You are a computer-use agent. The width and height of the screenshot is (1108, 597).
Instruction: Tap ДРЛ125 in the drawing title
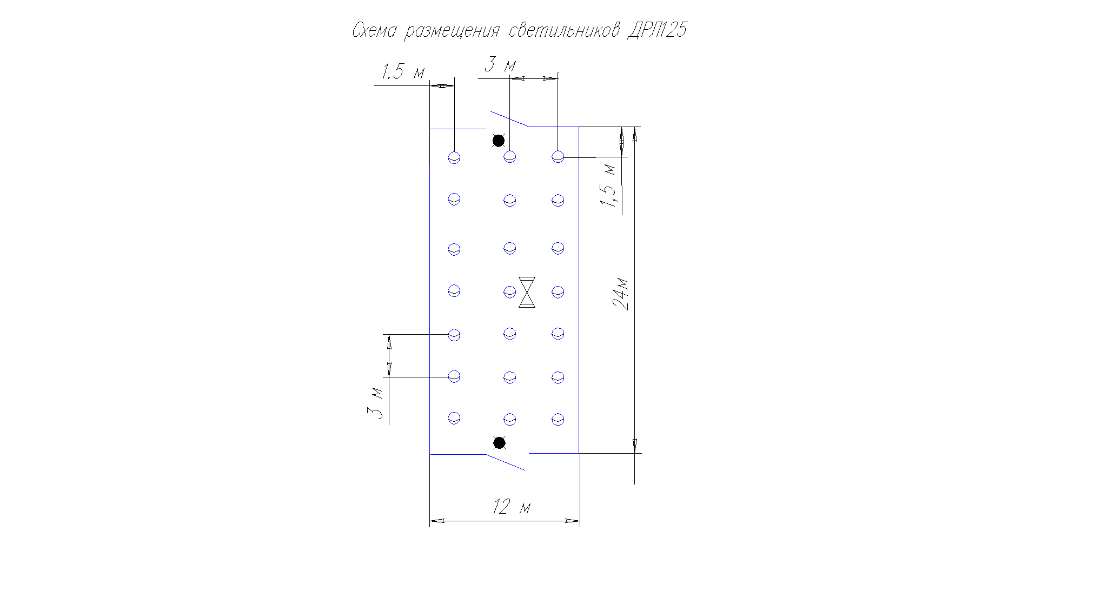656,30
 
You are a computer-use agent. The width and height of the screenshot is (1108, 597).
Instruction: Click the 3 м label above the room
500,64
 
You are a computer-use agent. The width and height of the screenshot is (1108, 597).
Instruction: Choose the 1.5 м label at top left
403,71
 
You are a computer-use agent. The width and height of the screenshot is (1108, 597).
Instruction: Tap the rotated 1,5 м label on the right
608,185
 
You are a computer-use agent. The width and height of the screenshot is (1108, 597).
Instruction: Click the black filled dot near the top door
499,141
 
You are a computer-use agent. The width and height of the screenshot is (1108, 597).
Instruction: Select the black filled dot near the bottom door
500,443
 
